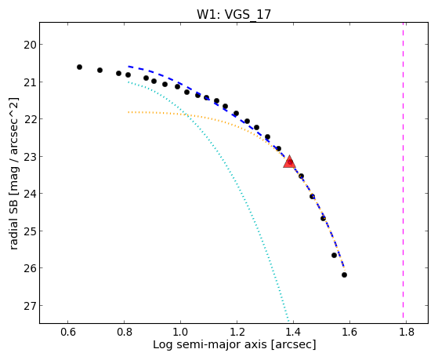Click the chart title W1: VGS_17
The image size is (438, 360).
[233, 14]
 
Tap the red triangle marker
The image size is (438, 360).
[289, 162]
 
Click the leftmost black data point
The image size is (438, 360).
[79, 67]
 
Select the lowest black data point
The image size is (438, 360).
[344, 275]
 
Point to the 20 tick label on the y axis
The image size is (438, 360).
[30, 45]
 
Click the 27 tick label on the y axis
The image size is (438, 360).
[30, 306]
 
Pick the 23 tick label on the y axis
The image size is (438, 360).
[30, 157]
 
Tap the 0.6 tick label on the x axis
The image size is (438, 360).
[68, 332]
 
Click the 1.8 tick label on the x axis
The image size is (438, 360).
[406, 332]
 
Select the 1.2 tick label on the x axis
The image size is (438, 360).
[237, 332]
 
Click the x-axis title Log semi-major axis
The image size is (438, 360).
[209, 345]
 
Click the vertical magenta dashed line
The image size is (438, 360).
[403, 171]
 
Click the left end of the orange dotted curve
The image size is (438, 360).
[129, 112]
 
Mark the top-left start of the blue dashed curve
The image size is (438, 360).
[129, 67]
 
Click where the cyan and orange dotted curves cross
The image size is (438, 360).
[186, 115]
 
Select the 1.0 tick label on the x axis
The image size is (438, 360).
[180, 332]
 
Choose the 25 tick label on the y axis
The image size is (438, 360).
[30, 231]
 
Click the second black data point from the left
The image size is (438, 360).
[100, 71]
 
